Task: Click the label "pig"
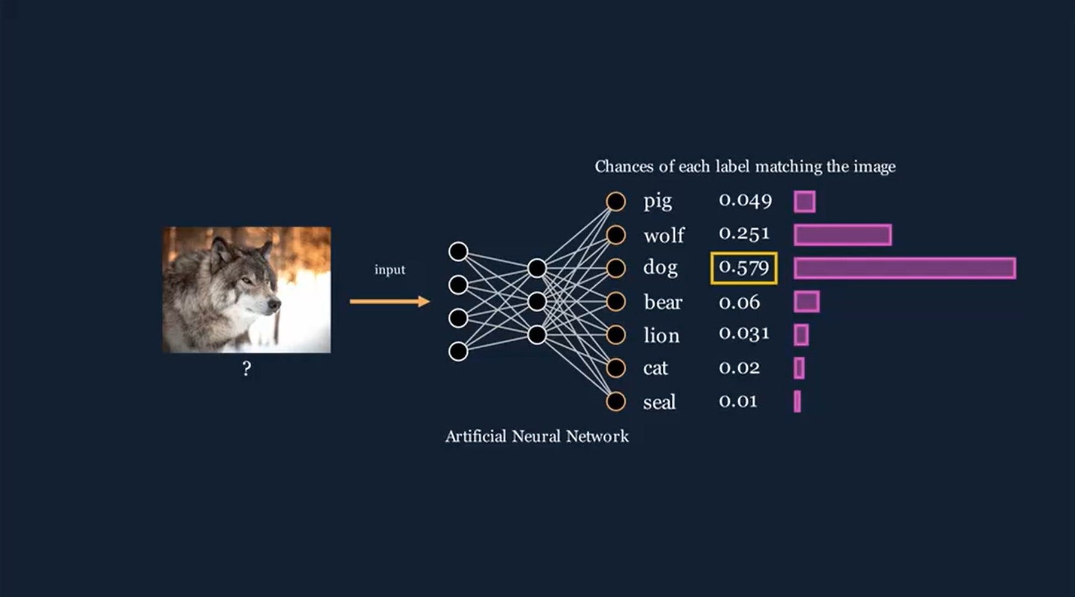pos(657,201)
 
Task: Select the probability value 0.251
pos(744,234)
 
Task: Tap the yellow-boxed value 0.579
pos(744,267)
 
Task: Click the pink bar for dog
pos(905,268)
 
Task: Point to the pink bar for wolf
pos(842,235)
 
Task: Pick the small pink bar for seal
pos(797,402)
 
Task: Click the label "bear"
pos(663,302)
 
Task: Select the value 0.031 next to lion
pos(744,333)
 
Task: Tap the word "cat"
pos(655,368)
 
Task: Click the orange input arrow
pos(389,301)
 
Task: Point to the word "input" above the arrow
pos(389,270)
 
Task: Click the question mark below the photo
pos(246,369)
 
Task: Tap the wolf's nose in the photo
pos(275,304)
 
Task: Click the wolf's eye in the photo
pos(246,279)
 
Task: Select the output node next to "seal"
pos(616,402)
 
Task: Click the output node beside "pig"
pos(616,201)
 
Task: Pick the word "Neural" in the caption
pos(536,436)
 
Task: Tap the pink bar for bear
pos(806,302)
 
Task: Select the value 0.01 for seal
pos(738,401)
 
